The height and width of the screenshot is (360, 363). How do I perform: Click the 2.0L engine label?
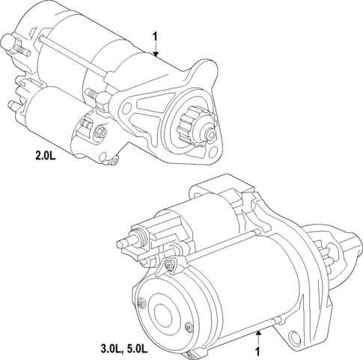pos(46,156)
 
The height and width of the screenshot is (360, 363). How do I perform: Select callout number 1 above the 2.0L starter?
pos(155,37)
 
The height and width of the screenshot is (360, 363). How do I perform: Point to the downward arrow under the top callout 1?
pos(156,49)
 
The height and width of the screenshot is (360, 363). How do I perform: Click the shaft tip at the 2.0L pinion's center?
pos(211,134)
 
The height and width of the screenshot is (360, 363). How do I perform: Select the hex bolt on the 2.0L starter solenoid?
pos(100,132)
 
